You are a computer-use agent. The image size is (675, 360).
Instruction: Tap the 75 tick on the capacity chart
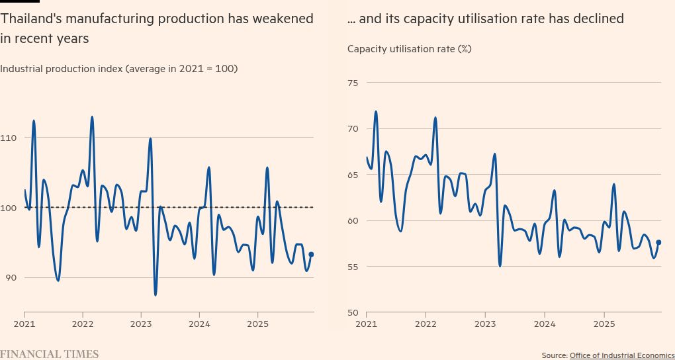point(352,83)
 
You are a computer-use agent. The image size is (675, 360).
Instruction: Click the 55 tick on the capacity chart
point(352,267)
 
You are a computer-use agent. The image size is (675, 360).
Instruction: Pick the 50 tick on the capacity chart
point(352,313)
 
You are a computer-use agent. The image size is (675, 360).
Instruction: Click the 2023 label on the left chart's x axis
point(140,324)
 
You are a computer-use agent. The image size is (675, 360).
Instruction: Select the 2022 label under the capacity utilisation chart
point(425,324)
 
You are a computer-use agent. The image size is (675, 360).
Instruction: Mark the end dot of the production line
point(311,254)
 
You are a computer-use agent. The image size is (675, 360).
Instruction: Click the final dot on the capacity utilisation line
point(658,242)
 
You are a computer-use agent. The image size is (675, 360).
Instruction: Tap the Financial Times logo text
point(50,354)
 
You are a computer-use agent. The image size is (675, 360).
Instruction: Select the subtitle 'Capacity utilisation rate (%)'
point(409,49)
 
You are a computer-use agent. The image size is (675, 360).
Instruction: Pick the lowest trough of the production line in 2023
point(156,294)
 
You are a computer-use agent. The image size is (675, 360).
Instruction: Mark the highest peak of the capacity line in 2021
point(376,111)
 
